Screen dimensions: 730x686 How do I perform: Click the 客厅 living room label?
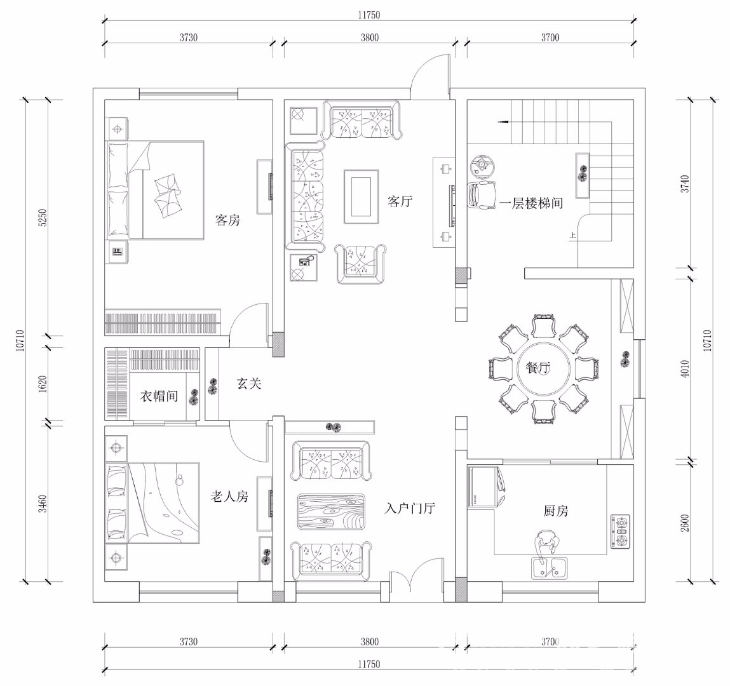tap(400, 201)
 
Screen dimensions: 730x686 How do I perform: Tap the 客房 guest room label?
tap(227, 220)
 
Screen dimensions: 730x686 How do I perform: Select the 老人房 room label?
tap(229, 497)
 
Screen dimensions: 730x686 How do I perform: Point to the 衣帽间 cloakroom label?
tap(159, 396)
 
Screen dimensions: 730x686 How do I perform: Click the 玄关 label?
tap(249, 384)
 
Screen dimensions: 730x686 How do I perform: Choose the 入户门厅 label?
tap(410, 508)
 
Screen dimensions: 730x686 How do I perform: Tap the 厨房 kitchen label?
tap(556, 511)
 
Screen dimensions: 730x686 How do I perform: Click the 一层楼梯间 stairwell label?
tap(531, 203)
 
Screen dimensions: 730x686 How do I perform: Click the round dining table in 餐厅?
tap(544, 368)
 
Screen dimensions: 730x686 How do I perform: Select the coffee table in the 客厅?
tap(362, 197)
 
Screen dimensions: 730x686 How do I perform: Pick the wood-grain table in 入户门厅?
tap(331, 511)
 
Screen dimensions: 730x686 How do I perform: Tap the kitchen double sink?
tap(549, 568)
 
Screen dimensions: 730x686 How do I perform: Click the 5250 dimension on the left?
tap(43, 217)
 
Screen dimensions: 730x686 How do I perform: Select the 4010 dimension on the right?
tap(684, 369)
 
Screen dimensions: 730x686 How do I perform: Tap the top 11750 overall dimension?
tap(368, 15)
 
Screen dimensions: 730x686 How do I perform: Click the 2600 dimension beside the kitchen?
tap(684, 523)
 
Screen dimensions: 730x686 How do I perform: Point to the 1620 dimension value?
tap(43, 384)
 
